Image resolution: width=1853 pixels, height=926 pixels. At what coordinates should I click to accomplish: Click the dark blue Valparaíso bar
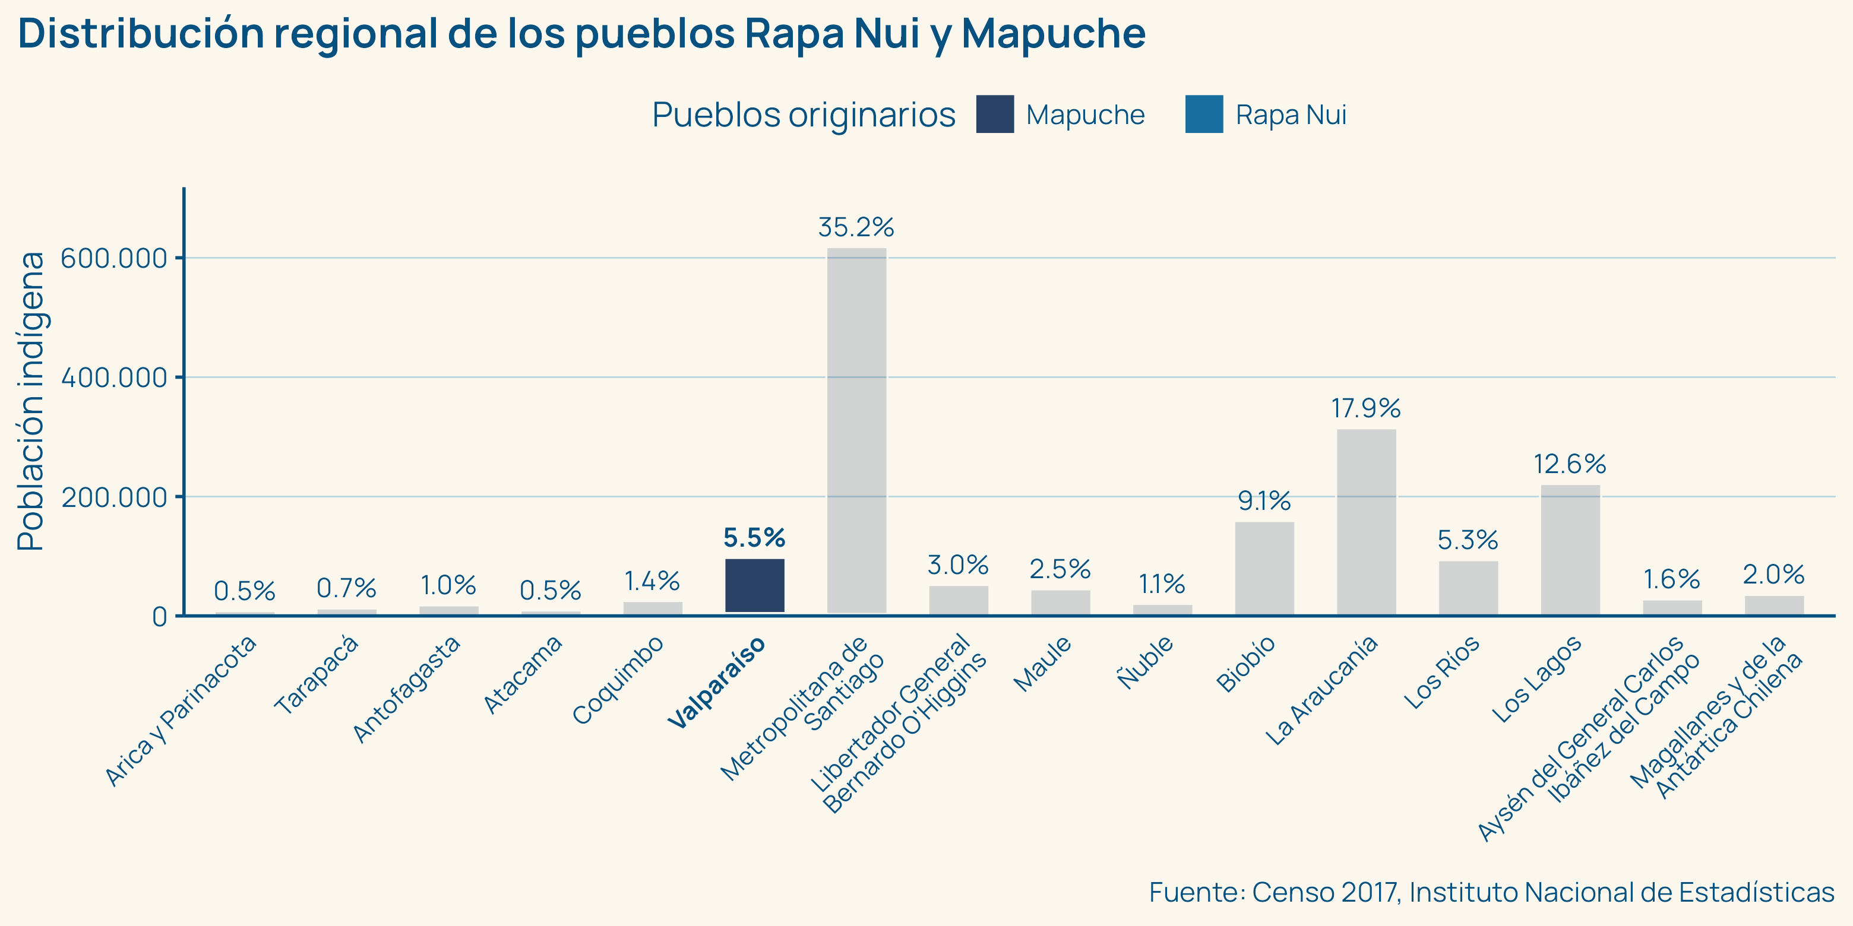pos(755,585)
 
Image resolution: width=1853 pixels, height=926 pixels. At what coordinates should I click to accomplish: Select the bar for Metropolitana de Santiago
pos(857,432)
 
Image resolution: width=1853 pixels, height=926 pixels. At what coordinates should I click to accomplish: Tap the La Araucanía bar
pos(1367,522)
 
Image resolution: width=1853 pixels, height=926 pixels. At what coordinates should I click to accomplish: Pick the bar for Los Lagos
pos(1570,550)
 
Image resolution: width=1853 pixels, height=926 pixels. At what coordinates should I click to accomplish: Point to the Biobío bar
pos(1264,568)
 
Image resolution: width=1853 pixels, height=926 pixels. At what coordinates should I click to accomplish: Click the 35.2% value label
pos(856,228)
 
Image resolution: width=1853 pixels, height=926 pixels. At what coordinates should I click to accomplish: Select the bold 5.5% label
pos(754,538)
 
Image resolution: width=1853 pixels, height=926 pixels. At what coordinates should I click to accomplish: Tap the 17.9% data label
pos(1366,408)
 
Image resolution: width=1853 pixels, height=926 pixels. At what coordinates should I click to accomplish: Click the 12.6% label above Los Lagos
pos(1570,464)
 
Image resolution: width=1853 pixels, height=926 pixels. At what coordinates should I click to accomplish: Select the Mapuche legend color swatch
pos(995,115)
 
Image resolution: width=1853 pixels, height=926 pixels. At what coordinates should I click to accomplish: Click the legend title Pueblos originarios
pos(804,115)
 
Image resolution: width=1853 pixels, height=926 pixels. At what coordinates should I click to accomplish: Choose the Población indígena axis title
pos(31,401)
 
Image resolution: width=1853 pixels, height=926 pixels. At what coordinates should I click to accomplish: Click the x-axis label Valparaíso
pos(716,683)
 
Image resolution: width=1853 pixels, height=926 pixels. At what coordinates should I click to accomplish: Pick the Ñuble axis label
pos(1145,662)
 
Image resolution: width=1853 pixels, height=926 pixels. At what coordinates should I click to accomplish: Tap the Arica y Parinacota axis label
pos(181,711)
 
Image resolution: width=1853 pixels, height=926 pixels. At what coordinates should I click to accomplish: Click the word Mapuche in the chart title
pos(1053,34)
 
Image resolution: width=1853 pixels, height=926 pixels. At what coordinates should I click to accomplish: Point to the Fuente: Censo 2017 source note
pos(1491,892)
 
